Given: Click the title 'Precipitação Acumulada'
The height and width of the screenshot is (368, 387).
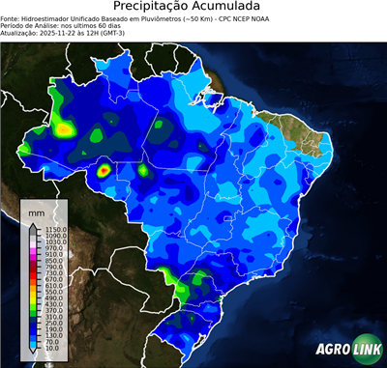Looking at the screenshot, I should pyautogui.click(x=193, y=7).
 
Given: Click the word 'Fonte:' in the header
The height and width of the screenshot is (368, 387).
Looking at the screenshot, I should pyautogui.click(x=12, y=17).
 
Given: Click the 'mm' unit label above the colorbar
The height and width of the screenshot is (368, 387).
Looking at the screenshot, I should pyautogui.click(x=36, y=211).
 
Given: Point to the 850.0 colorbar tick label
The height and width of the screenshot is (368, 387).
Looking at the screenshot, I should pyautogui.click(x=52, y=261).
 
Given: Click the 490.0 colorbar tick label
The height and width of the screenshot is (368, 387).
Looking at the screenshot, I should pyautogui.click(x=52, y=299).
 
